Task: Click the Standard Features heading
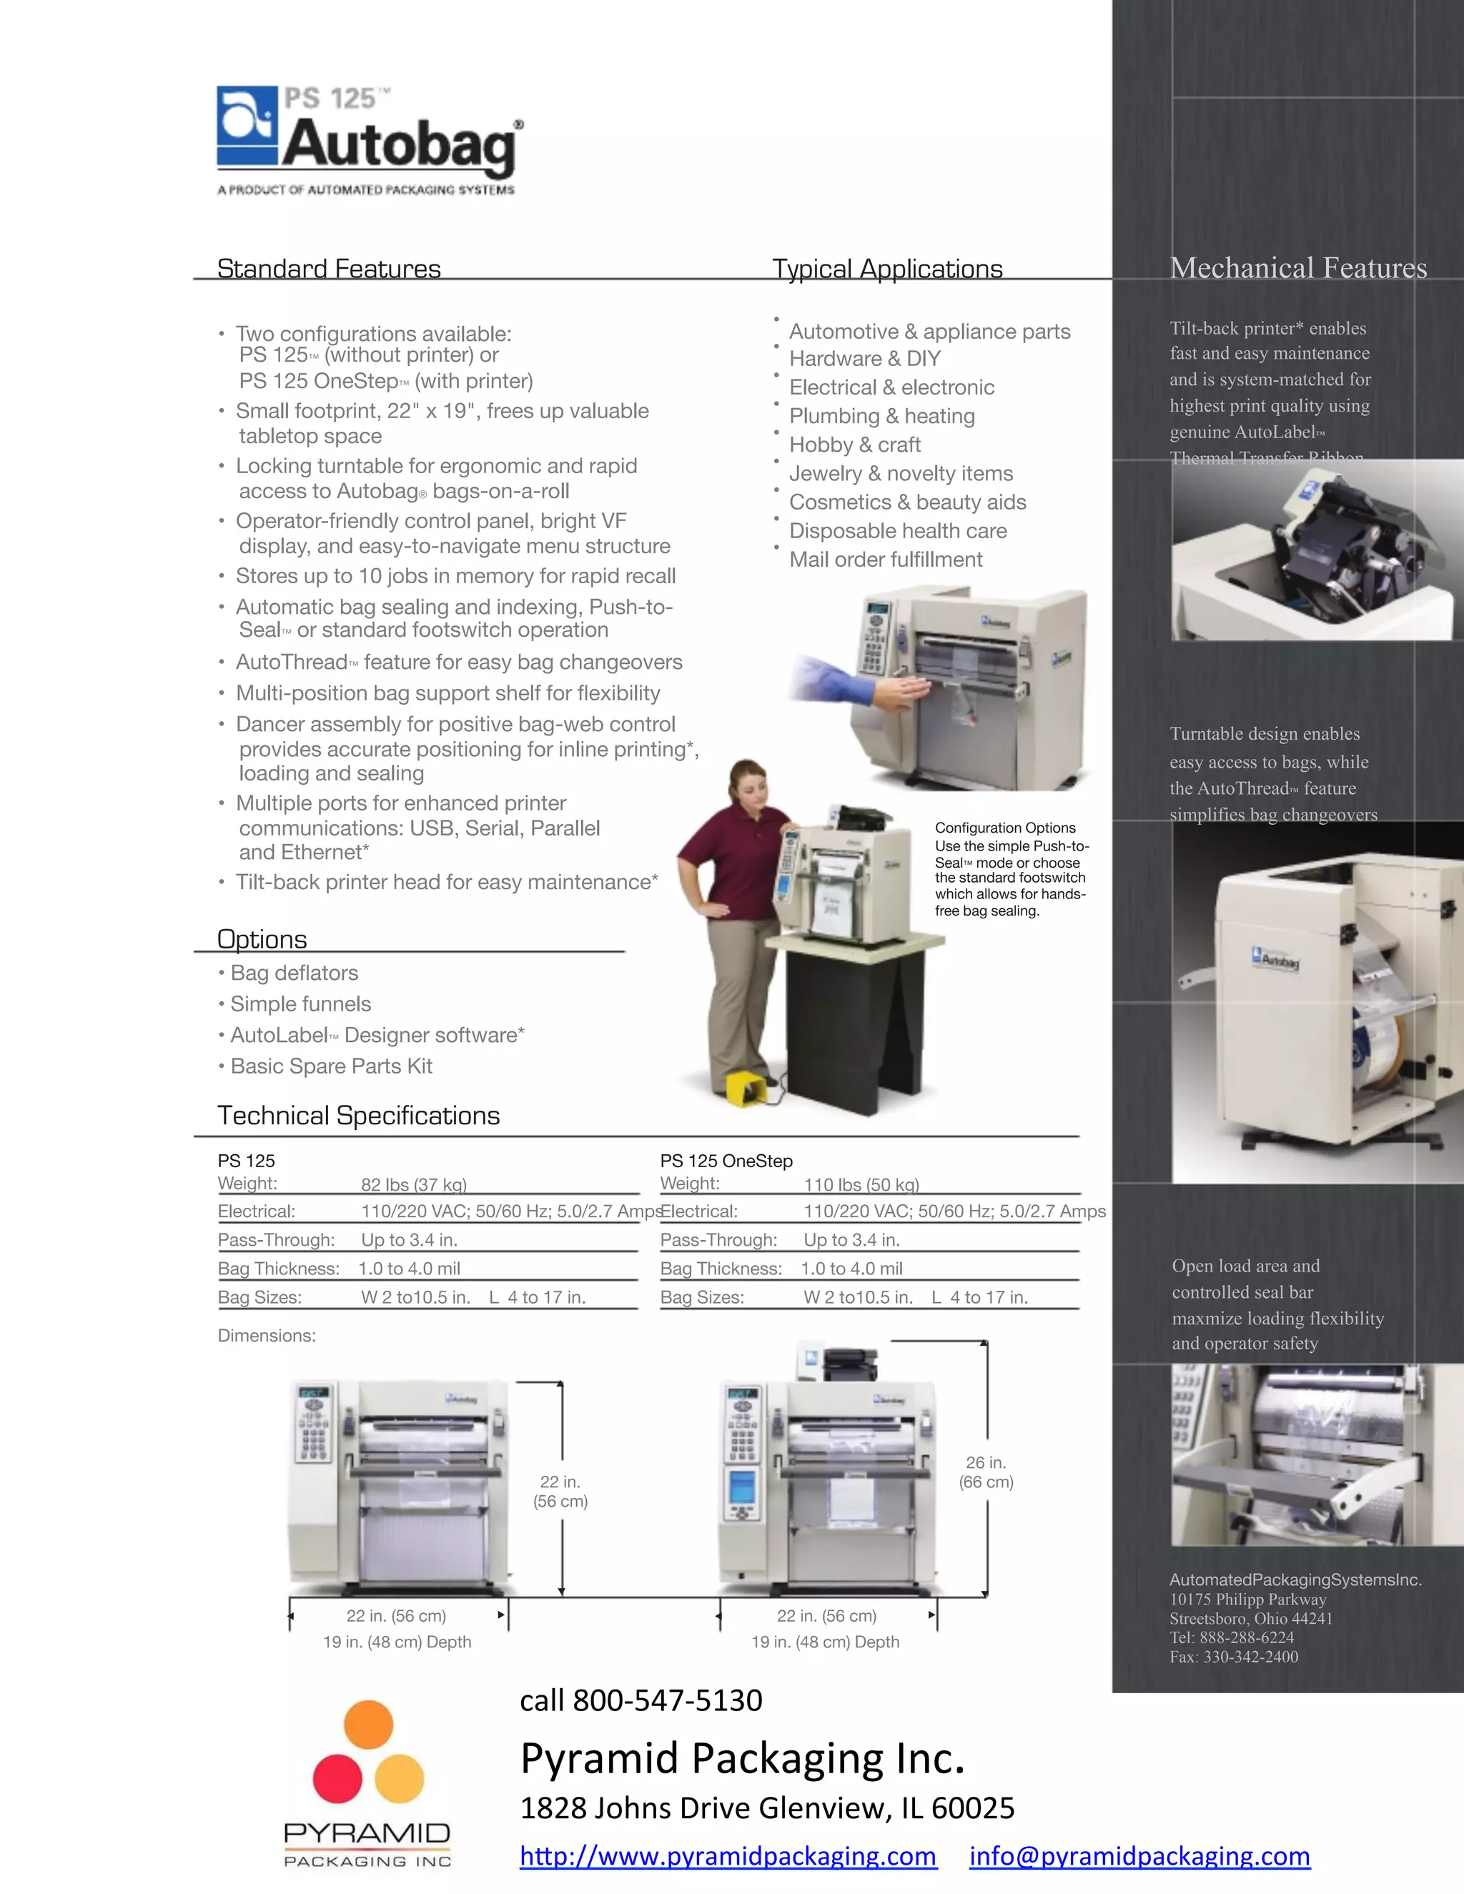(x=329, y=269)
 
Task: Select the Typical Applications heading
(x=887, y=269)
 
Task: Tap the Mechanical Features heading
(x=1297, y=268)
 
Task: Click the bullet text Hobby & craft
(x=854, y=445)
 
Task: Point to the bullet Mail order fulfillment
(x=885, y=560)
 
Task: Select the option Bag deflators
(x=294, y=973)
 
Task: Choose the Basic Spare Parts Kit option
(x=330, y=1066)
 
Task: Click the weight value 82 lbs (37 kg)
(x=414, y=1184)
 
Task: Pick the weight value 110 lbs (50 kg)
(x=861, y=1184)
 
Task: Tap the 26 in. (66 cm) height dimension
(x=986, y=1472)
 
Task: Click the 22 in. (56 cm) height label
(x=560, y=1491)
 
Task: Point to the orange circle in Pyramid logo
(x=369, y=1724)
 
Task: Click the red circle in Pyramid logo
(x=337, y=1778)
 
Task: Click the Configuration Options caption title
(x=1004, y=828)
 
